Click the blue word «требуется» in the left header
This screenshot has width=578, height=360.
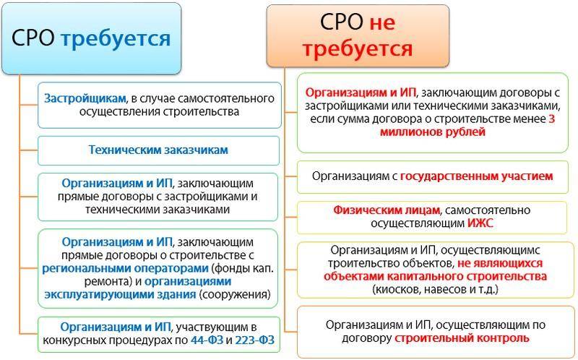[x=116, y=39]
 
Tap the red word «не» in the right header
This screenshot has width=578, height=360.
[x=382, y=22]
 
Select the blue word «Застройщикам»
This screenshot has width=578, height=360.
[x=85, y=98]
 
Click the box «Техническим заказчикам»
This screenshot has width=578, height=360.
[x=158, y=150]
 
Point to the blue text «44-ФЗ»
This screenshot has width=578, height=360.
[x=207, y=340]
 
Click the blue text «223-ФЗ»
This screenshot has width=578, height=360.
[x=255, y=340]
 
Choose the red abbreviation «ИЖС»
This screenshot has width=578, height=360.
[x=480, y=223]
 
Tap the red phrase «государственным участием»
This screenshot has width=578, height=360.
[x=477, y=176]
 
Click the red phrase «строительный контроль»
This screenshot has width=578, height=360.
[x=462, y=338]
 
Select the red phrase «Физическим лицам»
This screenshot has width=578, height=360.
[x=387, y=210]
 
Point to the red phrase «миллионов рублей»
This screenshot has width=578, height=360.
[x=432, y=132]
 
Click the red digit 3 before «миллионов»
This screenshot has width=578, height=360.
[x=551, y=119]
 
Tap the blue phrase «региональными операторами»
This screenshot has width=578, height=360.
[x=125, y=268]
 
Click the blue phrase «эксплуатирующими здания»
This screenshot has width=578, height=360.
[x=120, y=295]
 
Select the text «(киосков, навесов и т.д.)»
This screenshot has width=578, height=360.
[x=435, y=289]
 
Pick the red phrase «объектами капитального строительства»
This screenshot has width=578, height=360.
[x=435, y=276]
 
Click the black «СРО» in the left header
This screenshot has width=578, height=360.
[x=33, y=38]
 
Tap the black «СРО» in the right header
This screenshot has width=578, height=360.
[x=342, y=22]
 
